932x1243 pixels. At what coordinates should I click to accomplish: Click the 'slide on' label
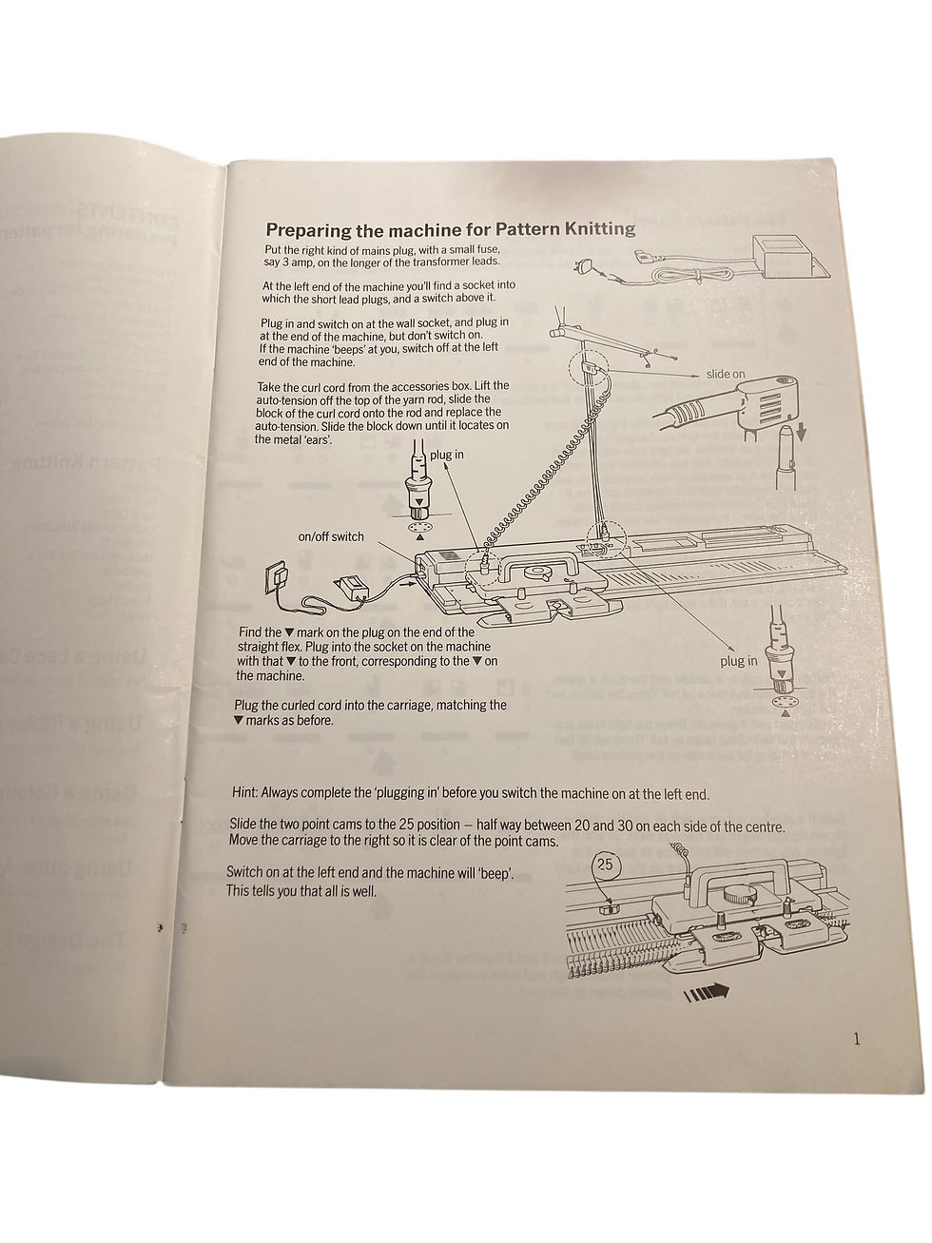pyautogui.click(x=726, y=374)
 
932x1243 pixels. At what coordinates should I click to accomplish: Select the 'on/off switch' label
pyautogui.click(x=331, y=536)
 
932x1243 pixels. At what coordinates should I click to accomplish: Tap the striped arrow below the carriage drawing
pyautogui.click(x=707, y=993)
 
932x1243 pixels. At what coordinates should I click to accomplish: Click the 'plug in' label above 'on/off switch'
pyautogui.click(x=446, y=455)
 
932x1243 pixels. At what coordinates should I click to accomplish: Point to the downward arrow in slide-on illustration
pyautogui.click(x=801, y=433)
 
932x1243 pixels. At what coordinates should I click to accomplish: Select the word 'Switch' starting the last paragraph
pyautogui.click(x=246, y=874)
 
